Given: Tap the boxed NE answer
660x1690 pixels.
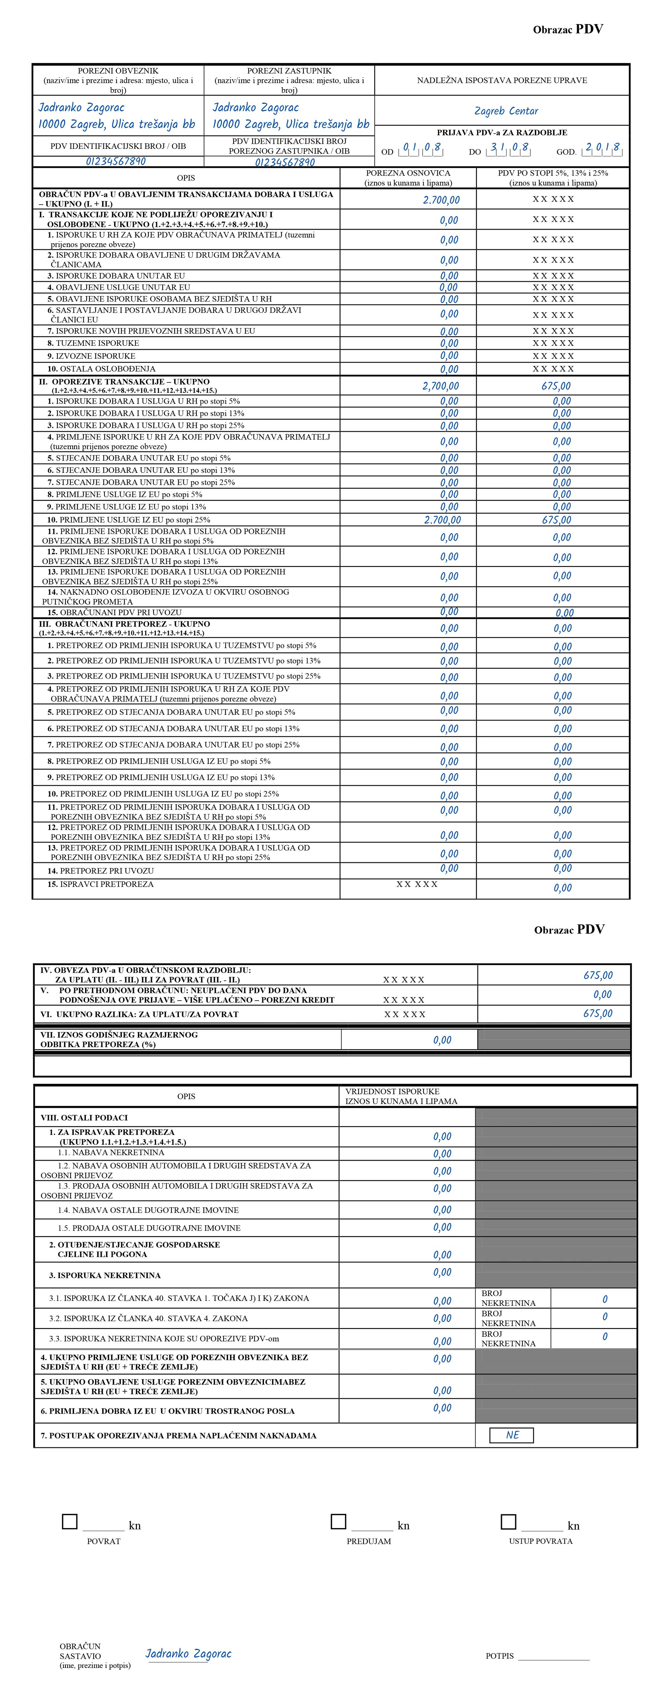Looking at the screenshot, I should click(x=512, y=1435).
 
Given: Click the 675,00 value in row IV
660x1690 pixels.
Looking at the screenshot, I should click(x=598, y=976).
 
